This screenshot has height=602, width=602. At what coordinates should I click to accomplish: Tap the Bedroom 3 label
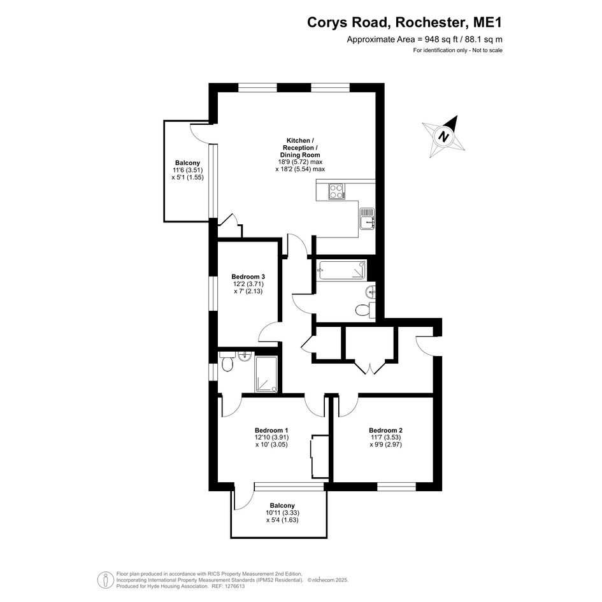coord(248,276)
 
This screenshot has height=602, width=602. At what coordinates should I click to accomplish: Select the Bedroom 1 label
coord(271,429)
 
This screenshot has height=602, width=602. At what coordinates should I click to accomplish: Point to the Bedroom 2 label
coord(385,429)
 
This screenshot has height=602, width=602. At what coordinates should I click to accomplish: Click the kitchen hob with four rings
coord(337,191)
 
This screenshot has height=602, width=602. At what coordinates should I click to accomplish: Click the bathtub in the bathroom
coord(341,270)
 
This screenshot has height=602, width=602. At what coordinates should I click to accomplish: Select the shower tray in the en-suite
coord(266,373)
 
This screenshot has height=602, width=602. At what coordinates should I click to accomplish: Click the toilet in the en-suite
coord(227,364)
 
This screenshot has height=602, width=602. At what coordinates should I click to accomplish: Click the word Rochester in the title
coord(430,22)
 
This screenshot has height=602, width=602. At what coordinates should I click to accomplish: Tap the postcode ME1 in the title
coord(487,22)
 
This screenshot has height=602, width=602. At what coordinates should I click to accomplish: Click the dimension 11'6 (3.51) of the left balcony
coord(187,170)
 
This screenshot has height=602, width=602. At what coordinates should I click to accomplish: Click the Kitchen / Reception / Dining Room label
coord(300,147)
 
